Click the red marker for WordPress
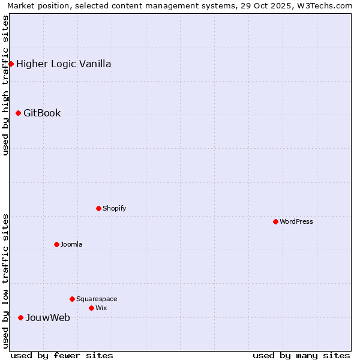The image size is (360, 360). click(x=275, y=221)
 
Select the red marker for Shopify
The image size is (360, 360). click(x=98, y=208)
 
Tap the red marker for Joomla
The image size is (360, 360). click(x=56, y=244)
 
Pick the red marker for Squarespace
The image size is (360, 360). click(x=72, y=299)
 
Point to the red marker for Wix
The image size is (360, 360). click(x=91, y=308)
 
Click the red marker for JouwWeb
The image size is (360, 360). click(x=20, y=317)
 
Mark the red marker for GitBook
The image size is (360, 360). click(x=18, y=113)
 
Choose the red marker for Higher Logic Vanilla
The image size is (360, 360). click(x=11, y=64)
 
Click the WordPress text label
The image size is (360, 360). click(x=296, y=221)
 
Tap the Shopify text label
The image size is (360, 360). click(x=114, y=208)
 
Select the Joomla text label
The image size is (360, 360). click(x=71, y=244)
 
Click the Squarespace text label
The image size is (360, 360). click(x=97, y=299)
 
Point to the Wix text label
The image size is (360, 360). click(x=101, y=308)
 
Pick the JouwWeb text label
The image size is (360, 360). click(x=47, y=317)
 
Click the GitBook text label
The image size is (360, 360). click(x=42, y=113)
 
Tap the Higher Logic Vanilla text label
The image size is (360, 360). click(x=64, y=64)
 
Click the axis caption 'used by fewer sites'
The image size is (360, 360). click(x=62, y=355)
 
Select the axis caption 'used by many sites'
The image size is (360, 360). click(x=301, y=355)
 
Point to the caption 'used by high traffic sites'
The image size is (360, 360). click(x=5, y=85)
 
